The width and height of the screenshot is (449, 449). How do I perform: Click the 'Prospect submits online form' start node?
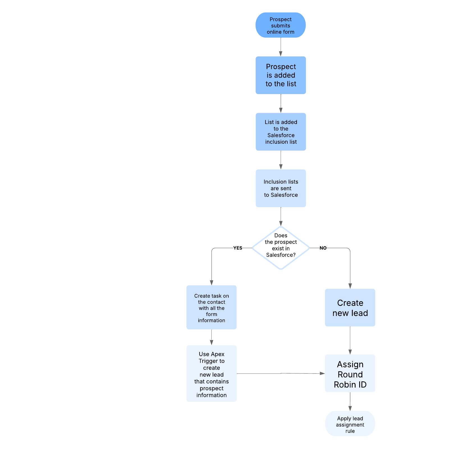point(280,25)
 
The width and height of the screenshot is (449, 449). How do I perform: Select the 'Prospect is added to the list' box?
point(281,75)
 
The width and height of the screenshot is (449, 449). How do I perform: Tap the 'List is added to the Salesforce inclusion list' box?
point(281,132)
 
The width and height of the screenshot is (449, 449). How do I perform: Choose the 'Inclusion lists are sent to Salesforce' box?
point(281,188)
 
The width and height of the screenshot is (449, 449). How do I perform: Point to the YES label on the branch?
point(238,248)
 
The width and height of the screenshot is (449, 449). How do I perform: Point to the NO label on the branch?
point(323,248)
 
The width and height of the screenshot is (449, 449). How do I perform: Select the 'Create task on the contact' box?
point(211,308)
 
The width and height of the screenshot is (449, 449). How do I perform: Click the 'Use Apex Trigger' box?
point(211,374)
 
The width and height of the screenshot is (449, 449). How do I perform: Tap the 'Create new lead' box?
point(350,308)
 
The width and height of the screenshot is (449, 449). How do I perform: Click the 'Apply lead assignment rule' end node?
point(350,424)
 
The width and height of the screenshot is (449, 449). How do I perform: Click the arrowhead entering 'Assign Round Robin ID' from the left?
point(322,374)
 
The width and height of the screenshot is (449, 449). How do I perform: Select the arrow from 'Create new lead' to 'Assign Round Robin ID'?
point(350,340)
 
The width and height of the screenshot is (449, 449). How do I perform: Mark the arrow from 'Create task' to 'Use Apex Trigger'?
point(211,337)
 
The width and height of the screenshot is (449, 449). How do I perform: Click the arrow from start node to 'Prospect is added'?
point(281,47)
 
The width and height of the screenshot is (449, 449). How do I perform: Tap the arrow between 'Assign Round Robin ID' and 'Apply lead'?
point(350,401)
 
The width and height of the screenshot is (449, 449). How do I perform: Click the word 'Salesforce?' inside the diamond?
point(281,255)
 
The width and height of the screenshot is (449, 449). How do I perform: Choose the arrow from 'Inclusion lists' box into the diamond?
point(281,216)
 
